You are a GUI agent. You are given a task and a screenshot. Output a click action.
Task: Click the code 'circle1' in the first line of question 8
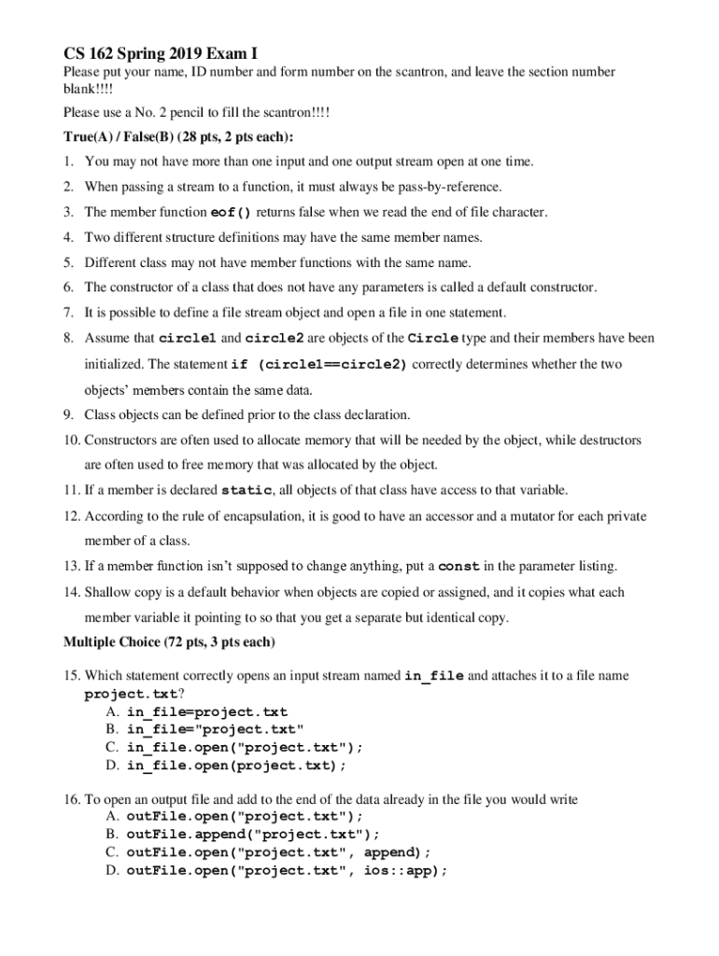(189, 338)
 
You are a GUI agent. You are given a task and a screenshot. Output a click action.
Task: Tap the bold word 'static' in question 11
(246, 490)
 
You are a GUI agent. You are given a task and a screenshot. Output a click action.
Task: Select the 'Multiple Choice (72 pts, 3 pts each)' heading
(169, 642)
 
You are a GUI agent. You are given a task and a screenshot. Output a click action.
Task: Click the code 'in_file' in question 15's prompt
(433, 676)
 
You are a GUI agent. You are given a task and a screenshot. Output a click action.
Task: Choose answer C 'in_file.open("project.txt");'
(243, 747)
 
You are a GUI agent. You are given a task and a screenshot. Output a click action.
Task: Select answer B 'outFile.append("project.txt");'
(253, 834)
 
